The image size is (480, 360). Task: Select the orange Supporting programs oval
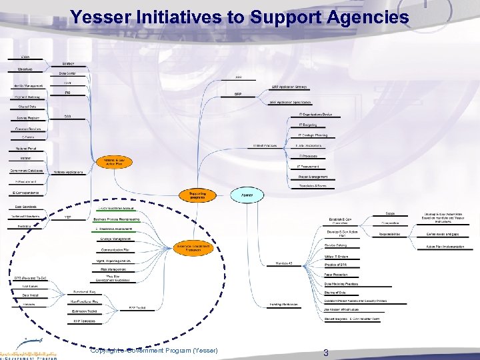197,195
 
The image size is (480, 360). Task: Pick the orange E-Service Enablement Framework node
192,248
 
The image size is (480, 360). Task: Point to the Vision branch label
25,57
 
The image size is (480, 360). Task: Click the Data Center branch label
67,73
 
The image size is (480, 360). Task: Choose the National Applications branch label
69,172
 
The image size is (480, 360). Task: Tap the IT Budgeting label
309,125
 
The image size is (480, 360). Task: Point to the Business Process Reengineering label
117,219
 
